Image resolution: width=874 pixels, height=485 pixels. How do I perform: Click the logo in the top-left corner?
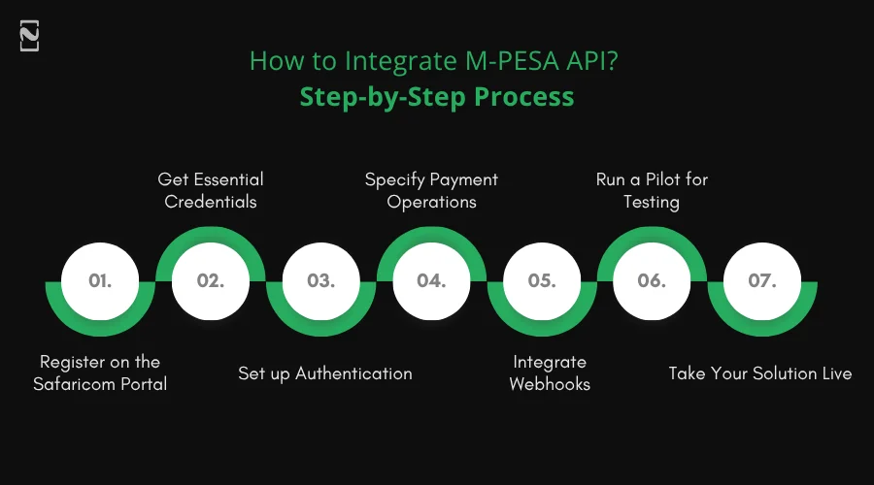29,35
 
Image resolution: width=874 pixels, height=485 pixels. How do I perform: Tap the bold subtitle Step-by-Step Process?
436,97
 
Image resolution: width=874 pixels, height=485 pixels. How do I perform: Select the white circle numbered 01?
101,281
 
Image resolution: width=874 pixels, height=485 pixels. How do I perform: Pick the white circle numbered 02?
211,281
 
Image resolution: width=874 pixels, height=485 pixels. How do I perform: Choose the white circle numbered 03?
321,281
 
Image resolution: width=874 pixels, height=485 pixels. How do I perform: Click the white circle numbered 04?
431,281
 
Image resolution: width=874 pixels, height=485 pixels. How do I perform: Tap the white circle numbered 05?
542,281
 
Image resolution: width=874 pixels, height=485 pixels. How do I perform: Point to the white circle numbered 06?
652,281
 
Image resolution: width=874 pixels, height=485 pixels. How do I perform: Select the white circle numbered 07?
762,281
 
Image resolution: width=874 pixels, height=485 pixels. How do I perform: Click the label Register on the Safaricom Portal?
100,372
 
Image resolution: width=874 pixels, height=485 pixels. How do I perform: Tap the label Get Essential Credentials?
211,190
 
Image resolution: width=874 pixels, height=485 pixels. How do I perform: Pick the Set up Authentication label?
325,373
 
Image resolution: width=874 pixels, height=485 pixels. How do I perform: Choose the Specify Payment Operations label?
431,190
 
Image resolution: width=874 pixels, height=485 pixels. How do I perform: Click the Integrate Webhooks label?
550,372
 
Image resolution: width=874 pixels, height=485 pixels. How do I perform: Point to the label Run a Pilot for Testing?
652,190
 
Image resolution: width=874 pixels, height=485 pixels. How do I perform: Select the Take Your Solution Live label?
760,373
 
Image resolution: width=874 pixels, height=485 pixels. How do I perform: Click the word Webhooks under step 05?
550,384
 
